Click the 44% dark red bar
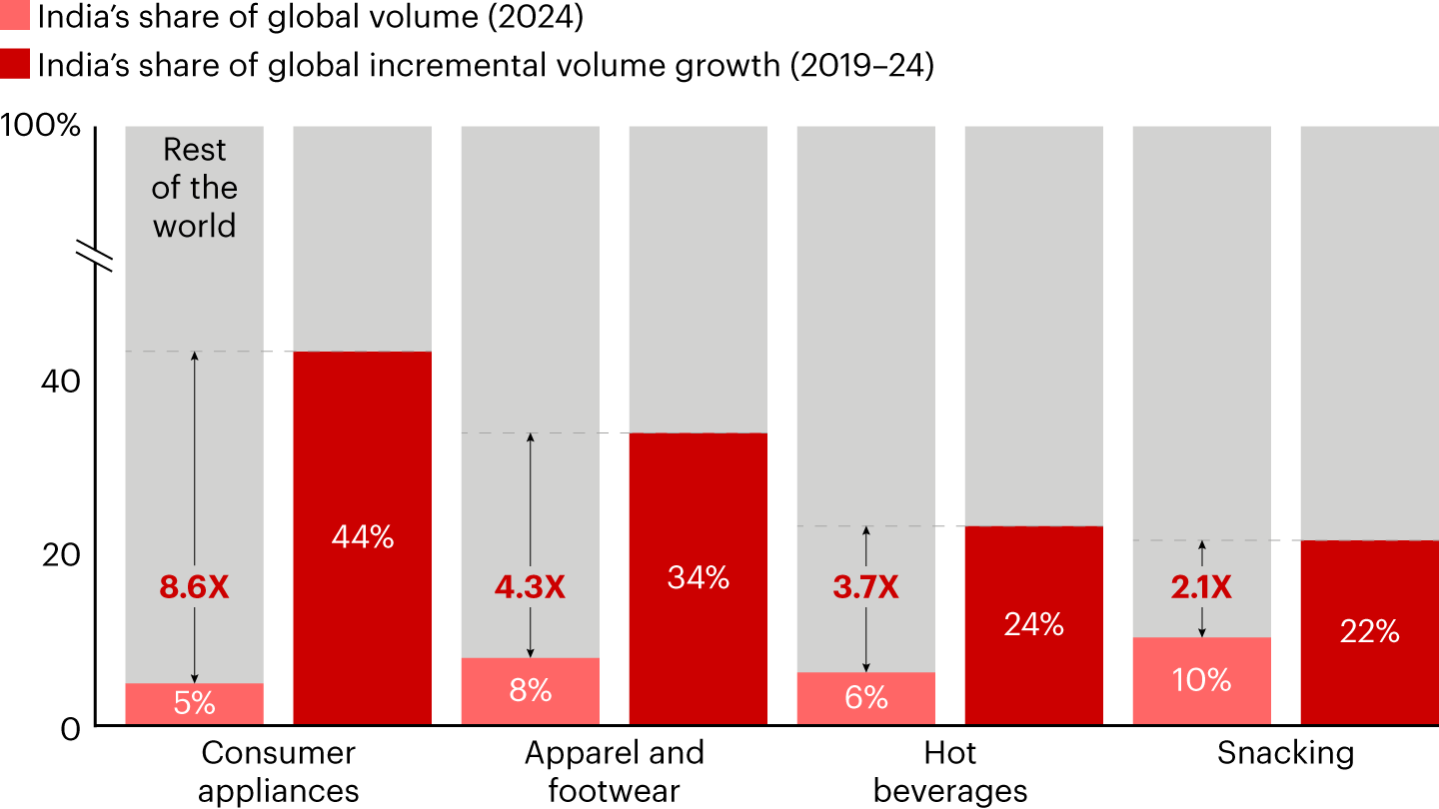[x=362, y=538]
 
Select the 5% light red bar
[x=194, y=704]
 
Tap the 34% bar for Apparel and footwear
[x=698, y=579]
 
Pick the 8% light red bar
[x=530, y=691]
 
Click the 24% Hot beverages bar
[x=1033, y=625]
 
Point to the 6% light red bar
[x=865, y=698]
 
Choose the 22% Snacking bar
[x=1369, y=632]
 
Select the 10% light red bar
[x=1201, y=681]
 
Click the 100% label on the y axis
[x=40, y=127]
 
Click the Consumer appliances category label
[x=278, y=771]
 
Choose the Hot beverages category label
[x=949, y=771]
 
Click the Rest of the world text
[x=194, y=188]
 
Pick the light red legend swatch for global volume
[x=15, y=18]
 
